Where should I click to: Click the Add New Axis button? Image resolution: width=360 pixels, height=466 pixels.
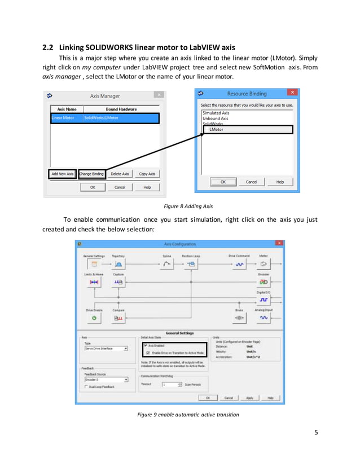[x=63, y=174]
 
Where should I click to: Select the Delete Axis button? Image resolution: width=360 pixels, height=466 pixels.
[x=120, y=174]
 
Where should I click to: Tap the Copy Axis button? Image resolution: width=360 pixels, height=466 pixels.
[x=147, y=174]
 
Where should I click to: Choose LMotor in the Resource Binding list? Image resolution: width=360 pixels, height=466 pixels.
[x=216, y=130]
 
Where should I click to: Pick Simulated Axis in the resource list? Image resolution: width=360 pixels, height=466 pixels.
[x=216, y=113]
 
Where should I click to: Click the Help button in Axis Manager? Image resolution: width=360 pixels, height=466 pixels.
[x=147, y=187]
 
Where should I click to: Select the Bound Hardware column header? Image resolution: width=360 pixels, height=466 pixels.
[x=121, y=109]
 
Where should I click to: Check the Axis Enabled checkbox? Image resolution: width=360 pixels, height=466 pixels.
[x=146, y=345]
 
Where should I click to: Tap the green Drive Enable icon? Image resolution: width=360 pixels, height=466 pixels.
[x=94, y=318]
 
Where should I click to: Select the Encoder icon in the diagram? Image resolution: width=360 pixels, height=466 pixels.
[x=264, y=282]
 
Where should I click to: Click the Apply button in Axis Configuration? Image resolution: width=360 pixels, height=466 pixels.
[x=249, y=398]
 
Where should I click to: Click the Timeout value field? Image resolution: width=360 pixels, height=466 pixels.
[x=169, y=384]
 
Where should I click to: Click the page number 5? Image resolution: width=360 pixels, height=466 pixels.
[x=316, y=433]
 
